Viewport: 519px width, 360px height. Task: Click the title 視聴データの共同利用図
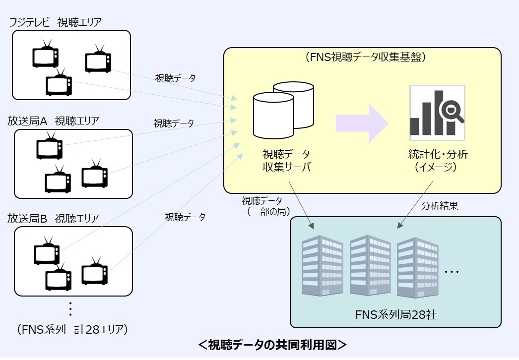[272, 345]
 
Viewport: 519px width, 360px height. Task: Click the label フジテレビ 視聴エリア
[59, 22]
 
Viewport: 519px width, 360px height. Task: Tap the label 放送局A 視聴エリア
[53, 120]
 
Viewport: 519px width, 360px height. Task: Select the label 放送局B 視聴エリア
[53, 218]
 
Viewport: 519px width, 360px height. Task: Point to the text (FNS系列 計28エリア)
[71, 329]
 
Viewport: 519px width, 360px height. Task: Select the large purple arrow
[361, 123]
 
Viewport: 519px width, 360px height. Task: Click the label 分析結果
[440, 206]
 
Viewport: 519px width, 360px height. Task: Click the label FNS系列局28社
[396, 314]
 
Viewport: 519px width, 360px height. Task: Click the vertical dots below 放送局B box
[70, 308]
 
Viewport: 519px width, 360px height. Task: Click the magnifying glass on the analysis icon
[453, 111]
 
